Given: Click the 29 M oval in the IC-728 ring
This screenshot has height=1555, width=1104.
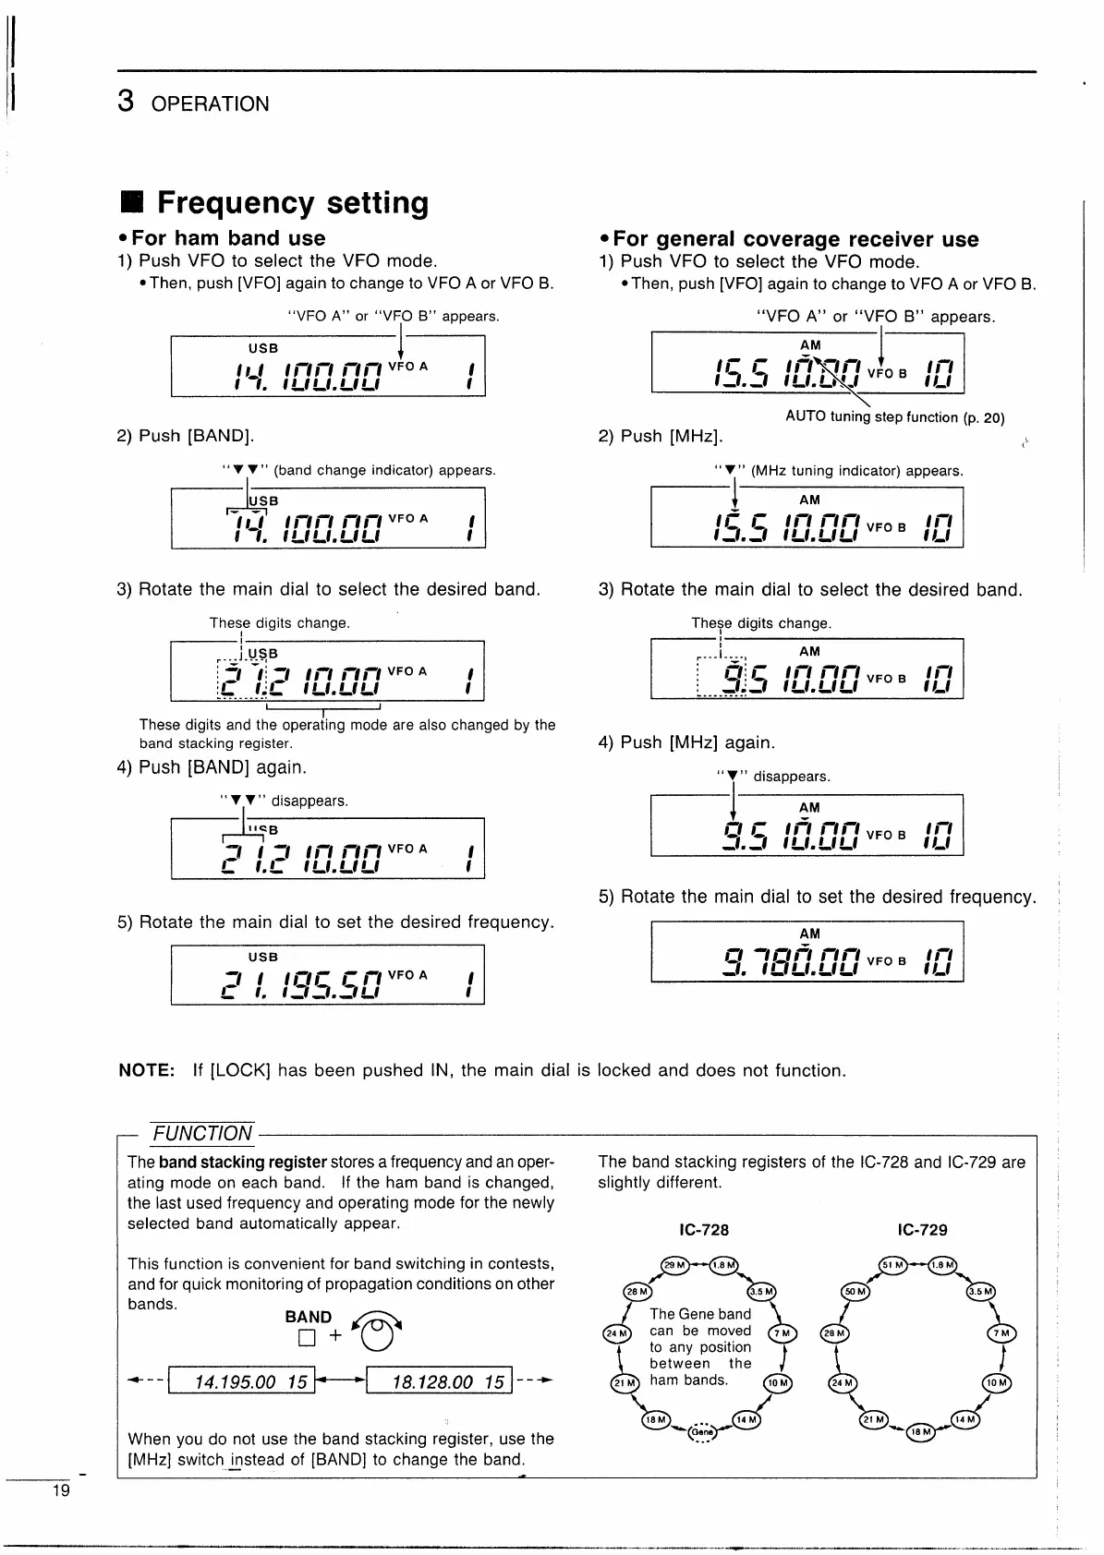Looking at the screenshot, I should [673, 1265].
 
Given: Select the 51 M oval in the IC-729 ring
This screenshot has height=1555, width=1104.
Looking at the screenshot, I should [892, 1265].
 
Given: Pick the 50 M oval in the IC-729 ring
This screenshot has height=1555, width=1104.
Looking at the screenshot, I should [855, 1292].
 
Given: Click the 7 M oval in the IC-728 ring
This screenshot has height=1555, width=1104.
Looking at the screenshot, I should [782, 1333].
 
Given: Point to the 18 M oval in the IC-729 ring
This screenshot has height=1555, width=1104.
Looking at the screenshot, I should [921, 1430].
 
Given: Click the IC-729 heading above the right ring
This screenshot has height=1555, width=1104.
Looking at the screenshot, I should [922, 1230].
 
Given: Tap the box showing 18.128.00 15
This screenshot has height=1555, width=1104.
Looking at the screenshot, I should [439, 1381].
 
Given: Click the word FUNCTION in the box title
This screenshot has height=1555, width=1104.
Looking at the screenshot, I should [202, 1133].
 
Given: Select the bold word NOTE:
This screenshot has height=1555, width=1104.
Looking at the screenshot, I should [147, 1070].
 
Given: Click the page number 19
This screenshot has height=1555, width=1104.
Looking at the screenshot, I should [61, 1490].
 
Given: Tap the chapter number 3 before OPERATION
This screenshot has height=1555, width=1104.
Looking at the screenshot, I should [127, 101].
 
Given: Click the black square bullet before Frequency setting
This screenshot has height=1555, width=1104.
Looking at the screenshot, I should [132, 202].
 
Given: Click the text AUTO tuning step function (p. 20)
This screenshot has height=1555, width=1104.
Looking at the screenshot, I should [894, 416].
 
